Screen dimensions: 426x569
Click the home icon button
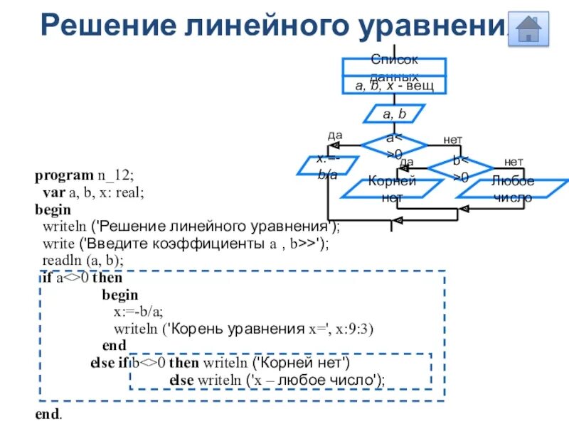pos(528,29)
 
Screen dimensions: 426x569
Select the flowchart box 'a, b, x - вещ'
pos(394,86)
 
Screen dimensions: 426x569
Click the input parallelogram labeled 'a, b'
pos(394,114)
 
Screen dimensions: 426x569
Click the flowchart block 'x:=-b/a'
pos(328,166)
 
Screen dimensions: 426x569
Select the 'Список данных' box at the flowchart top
pos(394,67)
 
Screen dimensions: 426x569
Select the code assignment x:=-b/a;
pos(138,312)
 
